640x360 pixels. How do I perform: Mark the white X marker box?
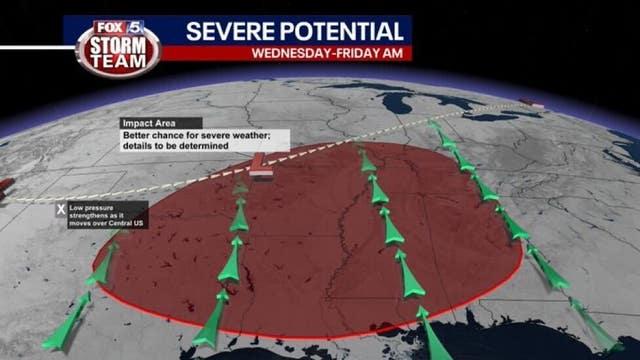[x=61, y=210]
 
